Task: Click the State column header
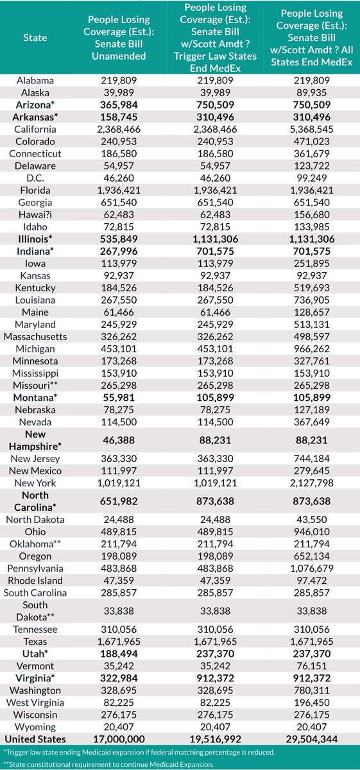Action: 35,37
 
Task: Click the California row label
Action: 35,130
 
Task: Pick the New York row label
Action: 35,483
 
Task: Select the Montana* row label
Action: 35,397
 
